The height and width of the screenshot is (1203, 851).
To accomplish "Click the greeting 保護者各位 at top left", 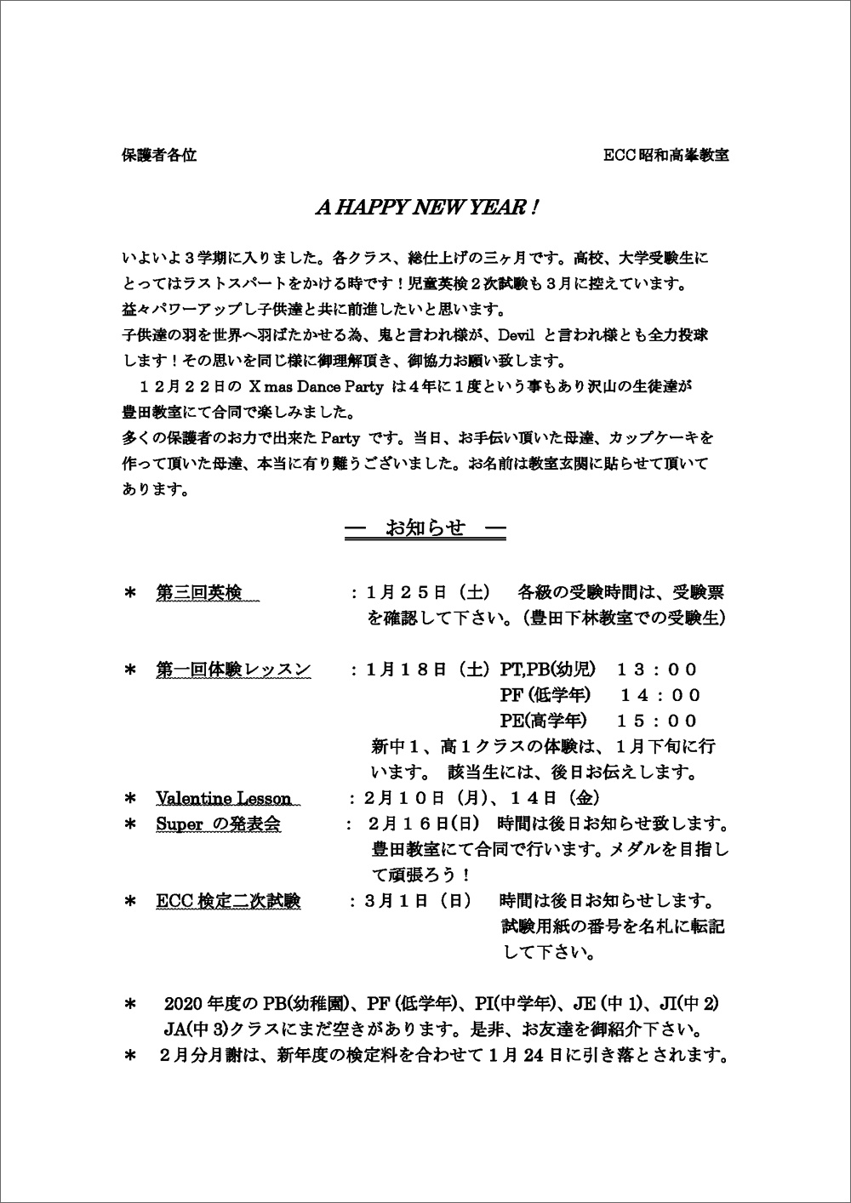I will (159, 156).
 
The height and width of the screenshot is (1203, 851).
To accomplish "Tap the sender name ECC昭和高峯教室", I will (665, 156).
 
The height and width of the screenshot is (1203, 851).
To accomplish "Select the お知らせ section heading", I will (425, 528).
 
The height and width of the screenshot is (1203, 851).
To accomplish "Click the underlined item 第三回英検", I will (206, 593).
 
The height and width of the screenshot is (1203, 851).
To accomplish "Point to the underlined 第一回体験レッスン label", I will (233, 670).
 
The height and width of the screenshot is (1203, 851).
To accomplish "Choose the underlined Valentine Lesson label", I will (224, 799).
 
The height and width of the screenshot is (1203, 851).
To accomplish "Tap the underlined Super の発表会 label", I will (218, 824).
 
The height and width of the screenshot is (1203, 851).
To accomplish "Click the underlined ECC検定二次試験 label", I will (228, 901).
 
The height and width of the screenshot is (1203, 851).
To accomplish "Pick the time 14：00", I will (660, 695).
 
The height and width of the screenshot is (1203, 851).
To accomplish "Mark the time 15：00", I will (657, 721).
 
